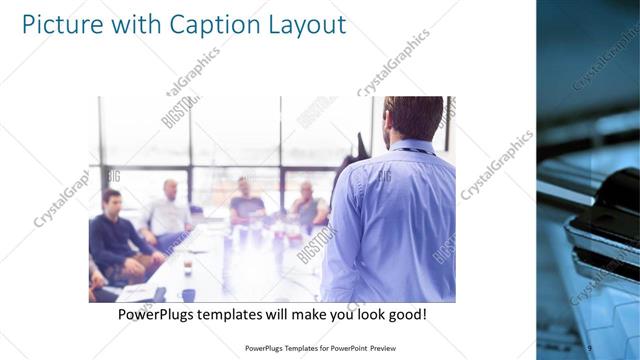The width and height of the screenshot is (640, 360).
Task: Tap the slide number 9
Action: [590, 347]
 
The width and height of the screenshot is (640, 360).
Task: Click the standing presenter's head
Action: [412, 117]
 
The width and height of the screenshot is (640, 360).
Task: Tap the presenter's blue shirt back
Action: [392, 225]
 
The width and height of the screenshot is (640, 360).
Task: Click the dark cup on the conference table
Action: [187, 293]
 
